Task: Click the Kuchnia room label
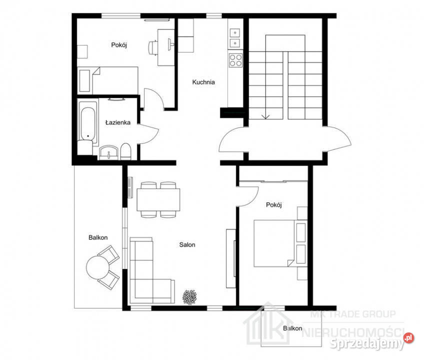coord(203,82)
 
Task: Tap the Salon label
coord(187,245)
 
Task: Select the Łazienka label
coord(118,122)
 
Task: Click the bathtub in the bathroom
coord(87,123)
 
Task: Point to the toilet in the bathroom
coord(125,151)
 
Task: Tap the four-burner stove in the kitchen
coord(235,60)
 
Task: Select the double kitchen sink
coord(235,38)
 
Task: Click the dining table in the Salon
coord(158,199)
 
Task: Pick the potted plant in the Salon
coord(189,297)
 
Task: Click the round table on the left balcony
coord(97,267)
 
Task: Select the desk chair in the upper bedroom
coord(153,47)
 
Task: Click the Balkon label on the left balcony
coord(98,237)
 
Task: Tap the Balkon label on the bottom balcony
coord(292,328)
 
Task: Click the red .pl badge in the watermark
coord(409,338)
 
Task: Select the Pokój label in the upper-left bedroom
coord(119,45)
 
